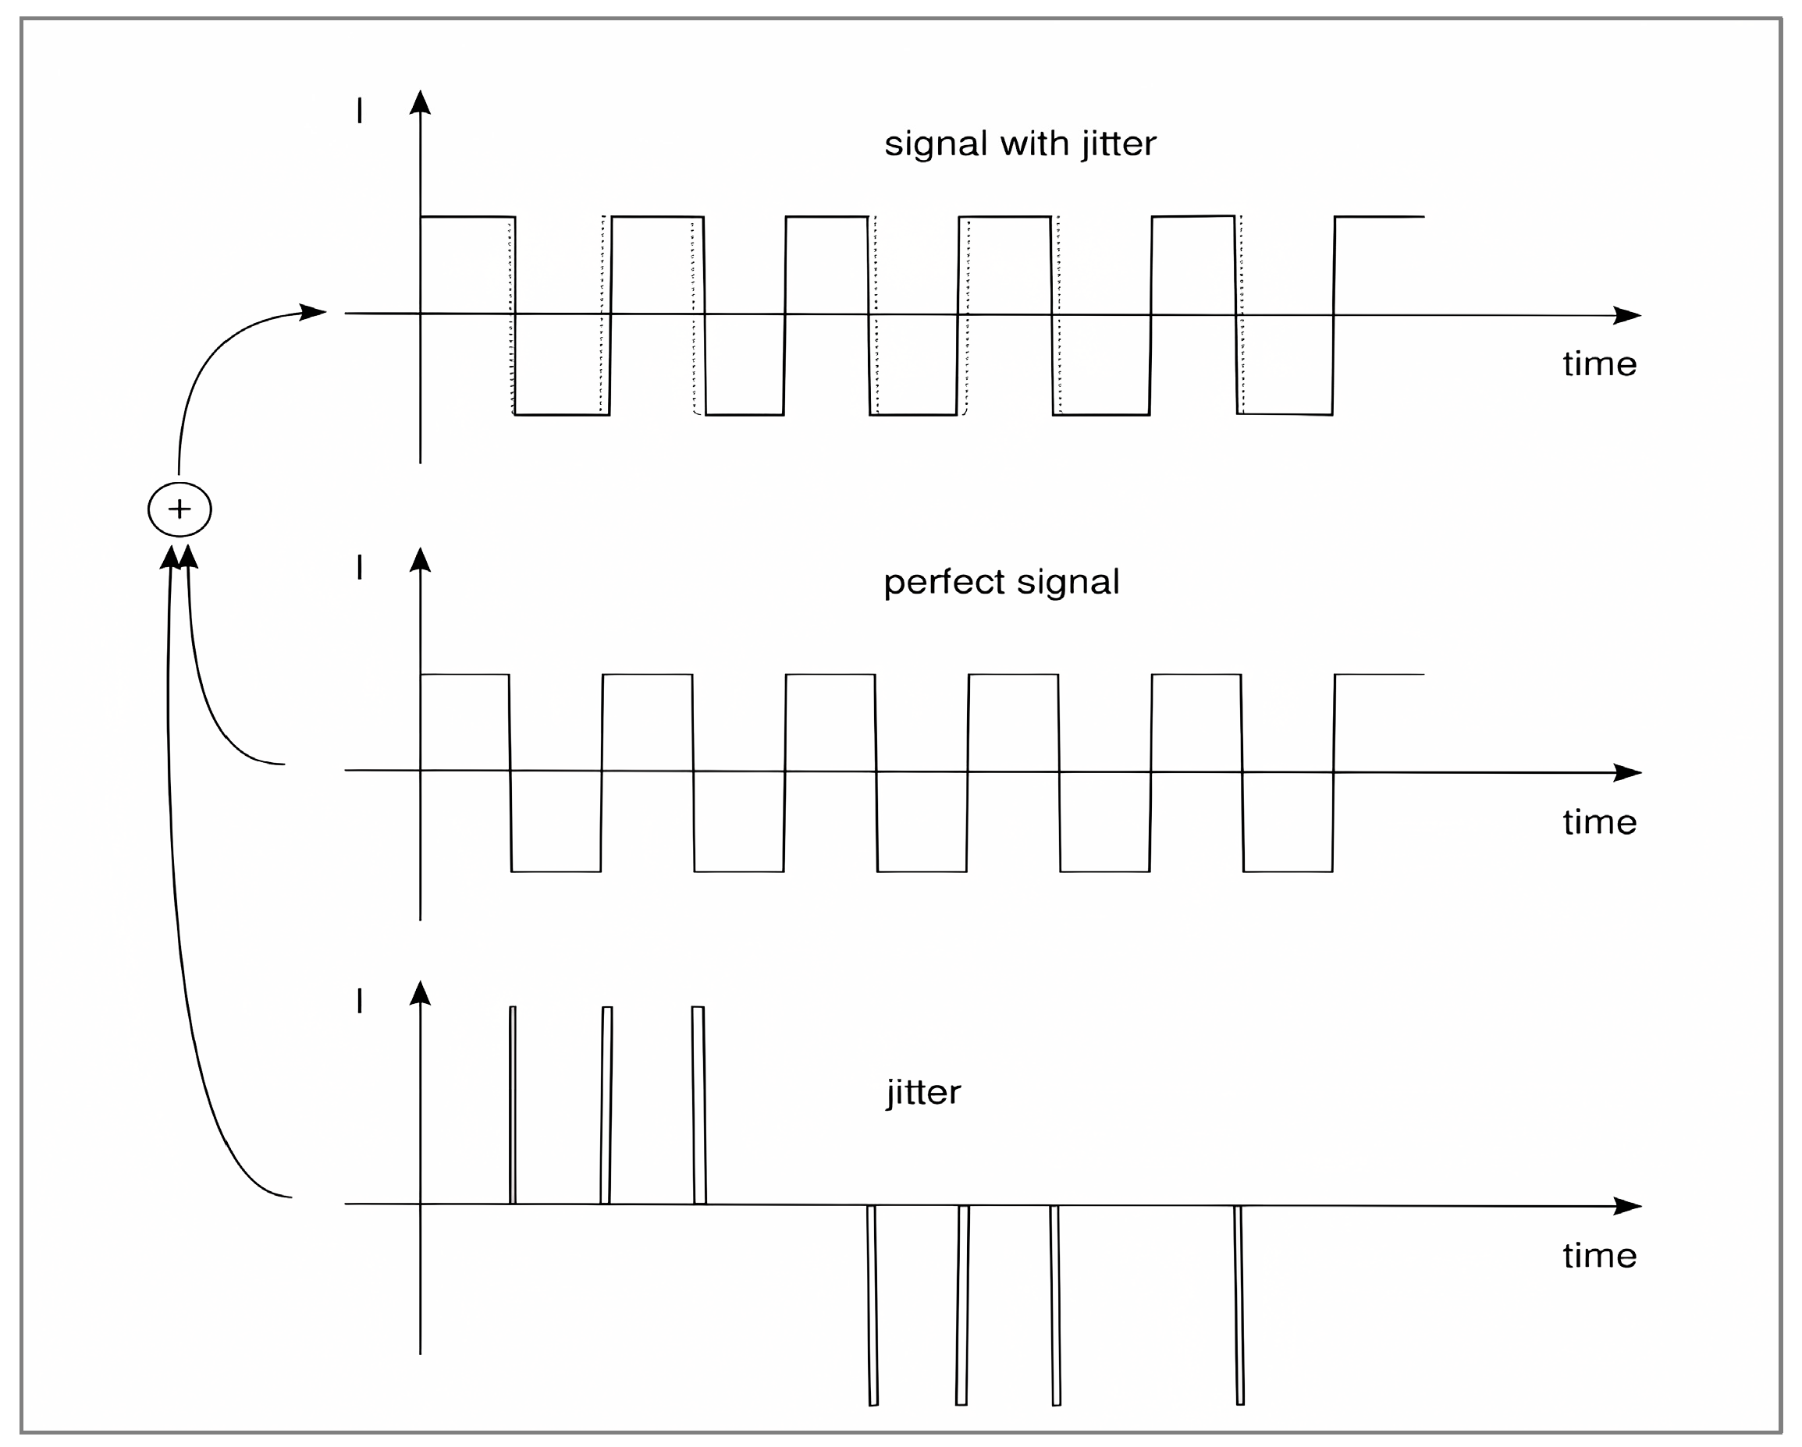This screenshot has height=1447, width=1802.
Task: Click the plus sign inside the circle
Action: tap(179, 509)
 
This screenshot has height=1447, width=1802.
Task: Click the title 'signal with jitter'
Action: tap(1020, 144)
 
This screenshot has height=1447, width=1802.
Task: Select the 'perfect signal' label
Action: tap(1001, 582)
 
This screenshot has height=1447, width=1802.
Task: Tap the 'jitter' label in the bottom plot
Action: tap(923, 1092)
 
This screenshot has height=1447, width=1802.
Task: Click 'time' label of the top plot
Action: tap(1599, 364)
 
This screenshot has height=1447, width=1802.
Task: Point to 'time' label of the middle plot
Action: tap(1599, 822)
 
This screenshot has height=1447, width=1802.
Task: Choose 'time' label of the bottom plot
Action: tap(1599, 1256)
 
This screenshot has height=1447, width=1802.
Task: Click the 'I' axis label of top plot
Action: tap(360, 110)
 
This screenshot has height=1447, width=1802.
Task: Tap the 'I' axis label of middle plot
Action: tap(360, 568)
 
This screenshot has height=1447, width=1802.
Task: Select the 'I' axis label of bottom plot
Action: tap(360, 1001)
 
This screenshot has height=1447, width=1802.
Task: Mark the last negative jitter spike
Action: tap(1239, 1304)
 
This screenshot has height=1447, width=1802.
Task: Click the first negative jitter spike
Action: tap(873, 1304)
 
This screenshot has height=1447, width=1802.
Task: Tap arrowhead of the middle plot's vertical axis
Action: tap(420, 560)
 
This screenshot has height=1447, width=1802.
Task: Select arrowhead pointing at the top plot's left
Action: tap(314, 313)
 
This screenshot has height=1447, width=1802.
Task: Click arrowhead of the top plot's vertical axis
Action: tap(420, 102)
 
